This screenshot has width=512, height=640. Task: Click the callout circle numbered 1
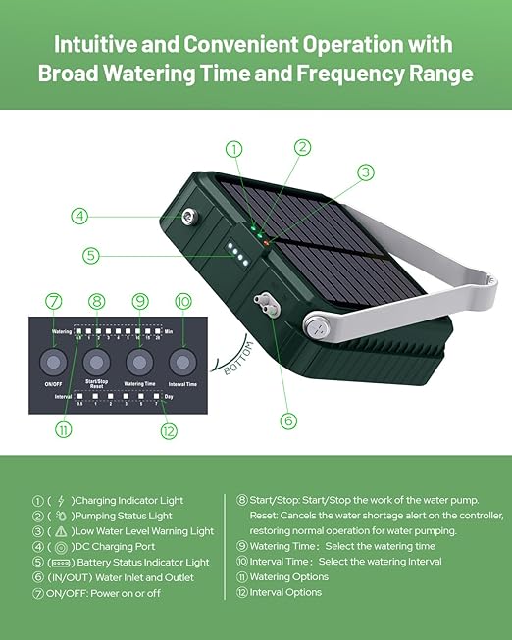tap(233, 150)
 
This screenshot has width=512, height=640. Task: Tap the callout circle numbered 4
tap(79, 215)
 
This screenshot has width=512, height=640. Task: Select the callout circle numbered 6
tap(287, 420)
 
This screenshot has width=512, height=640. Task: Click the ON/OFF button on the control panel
tap(54, 364)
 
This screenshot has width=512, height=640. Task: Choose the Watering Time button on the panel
tap(139, 364)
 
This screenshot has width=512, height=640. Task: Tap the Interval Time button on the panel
tap(182, 364)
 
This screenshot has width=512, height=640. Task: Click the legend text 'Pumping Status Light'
tap(128, 516)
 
